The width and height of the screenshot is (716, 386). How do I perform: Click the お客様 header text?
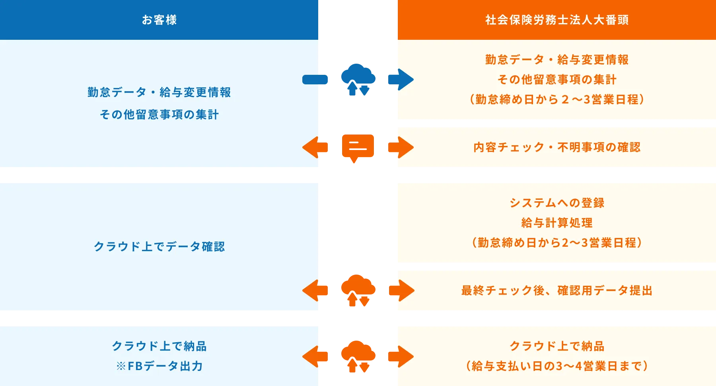[159, 20]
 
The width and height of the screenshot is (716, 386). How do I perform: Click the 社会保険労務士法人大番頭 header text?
[556, 20]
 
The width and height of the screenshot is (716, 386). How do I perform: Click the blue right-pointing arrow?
[401, 79]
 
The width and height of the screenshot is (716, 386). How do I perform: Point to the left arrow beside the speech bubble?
[314, 147]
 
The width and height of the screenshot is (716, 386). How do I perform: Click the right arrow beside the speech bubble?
[401, 147]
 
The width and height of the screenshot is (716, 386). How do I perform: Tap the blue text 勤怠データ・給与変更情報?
[159, 92]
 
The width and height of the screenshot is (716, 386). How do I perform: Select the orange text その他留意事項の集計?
[556, 80]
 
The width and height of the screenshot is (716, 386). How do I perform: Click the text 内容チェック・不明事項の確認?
[556, 147]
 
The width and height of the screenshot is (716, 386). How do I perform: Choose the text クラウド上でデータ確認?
[159, 247]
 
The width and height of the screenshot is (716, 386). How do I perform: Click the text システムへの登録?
[556, 203]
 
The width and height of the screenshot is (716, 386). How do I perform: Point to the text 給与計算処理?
[556, 223]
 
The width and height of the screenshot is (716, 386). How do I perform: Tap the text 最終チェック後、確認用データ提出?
[556, 290]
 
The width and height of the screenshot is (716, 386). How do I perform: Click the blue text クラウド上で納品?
[159, 346]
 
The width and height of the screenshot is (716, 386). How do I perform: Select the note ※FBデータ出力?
[159, 366]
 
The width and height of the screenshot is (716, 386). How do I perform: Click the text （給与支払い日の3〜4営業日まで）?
[556, 366]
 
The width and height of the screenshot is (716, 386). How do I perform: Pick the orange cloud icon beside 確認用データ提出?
[358, 290]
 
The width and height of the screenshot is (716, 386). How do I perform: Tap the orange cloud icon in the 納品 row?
[358, 356]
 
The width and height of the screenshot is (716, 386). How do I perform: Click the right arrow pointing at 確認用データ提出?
[401, 290]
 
